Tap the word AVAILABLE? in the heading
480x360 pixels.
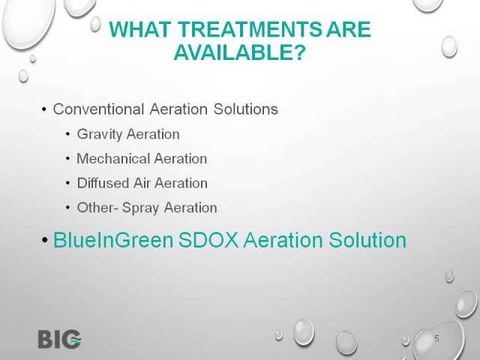click(240, 52)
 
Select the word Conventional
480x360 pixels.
click(98, 109)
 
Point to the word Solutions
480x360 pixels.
click(246, 109)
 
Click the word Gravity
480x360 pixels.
click(99, 134)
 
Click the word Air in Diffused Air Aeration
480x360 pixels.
click(142, 183)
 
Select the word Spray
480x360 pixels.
click(140, 208)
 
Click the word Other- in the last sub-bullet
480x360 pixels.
click(97, 208)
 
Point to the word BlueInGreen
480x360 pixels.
click(113, 240)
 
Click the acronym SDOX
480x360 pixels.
click(208, 240)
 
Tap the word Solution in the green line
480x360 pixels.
click(367, 240)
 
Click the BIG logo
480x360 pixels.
click(60, 339)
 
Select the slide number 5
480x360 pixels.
click(436, 338)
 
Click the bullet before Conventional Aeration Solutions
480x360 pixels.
click(44, 109)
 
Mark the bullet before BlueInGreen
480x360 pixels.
click(45, 240)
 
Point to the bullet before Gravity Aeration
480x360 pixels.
click(68, 134)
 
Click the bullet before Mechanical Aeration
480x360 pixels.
click(68, 158)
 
